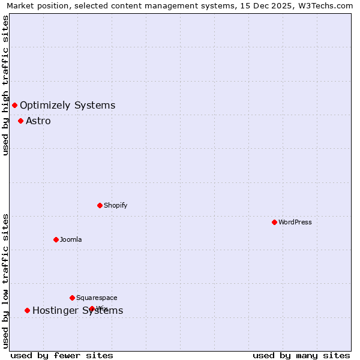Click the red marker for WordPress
point(274,222)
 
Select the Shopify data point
point(100,205)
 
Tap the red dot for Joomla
point(56,239)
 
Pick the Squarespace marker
point(72,298)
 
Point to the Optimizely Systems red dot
point(14,106)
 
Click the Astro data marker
point(20,121)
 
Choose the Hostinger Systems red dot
point(27,310)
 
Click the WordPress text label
point(295,222)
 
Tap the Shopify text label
point(116,205)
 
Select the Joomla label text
point(71,239)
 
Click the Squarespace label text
point(97,298)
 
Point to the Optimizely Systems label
point(67,106)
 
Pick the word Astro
point(38,121)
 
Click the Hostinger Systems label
point(77,310)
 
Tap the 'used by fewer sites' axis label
point(62,356)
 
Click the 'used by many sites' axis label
point(301,356)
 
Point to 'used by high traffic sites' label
point(6,85)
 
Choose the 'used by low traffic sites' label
point(6,281)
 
